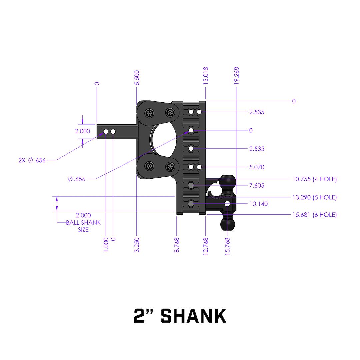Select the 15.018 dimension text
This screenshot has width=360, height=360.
[x=206, y=76]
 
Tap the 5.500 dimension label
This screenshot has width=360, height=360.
[x=137, y=78]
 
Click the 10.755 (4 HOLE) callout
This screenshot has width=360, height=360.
[x=315, y=179]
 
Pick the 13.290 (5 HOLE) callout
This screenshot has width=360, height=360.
[x=315, y=197]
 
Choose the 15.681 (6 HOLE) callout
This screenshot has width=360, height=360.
[x=315, y=215]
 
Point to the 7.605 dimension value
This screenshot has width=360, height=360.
[x=257, y=185]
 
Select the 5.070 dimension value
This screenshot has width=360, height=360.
[x=257, y=167]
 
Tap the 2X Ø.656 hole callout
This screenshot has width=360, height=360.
[x=32, y=160]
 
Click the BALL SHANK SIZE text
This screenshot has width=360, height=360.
[x=83, y=226]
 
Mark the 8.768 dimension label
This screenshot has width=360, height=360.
[x=177, y=244]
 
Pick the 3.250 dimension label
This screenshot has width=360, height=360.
[x=137, y=244]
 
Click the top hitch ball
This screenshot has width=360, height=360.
[x=228, y=181]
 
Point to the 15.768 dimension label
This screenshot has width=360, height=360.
[x=228, y=246]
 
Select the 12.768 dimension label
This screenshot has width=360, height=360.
[x=206, y=246]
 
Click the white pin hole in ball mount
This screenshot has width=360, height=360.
[x=228, y=203]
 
